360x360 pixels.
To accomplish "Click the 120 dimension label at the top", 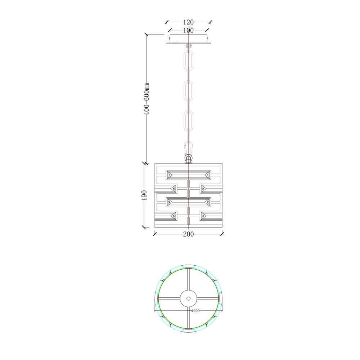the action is coord(188,22).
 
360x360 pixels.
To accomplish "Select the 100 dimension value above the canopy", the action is coord(188,30).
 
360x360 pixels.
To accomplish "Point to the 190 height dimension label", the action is coord(144,195).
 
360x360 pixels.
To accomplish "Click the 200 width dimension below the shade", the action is coord(188,234).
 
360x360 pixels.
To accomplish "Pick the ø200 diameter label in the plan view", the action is coord(195,311).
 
